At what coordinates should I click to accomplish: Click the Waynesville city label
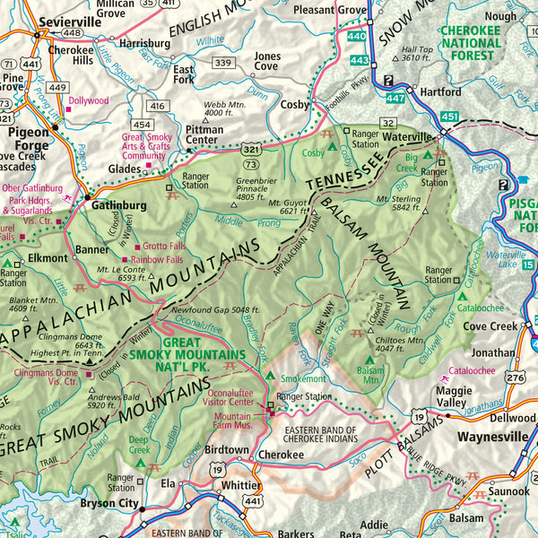pyautogui.click(x=492, y=437)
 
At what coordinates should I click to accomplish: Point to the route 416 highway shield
pyautogui.click(x=159, y=106)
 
